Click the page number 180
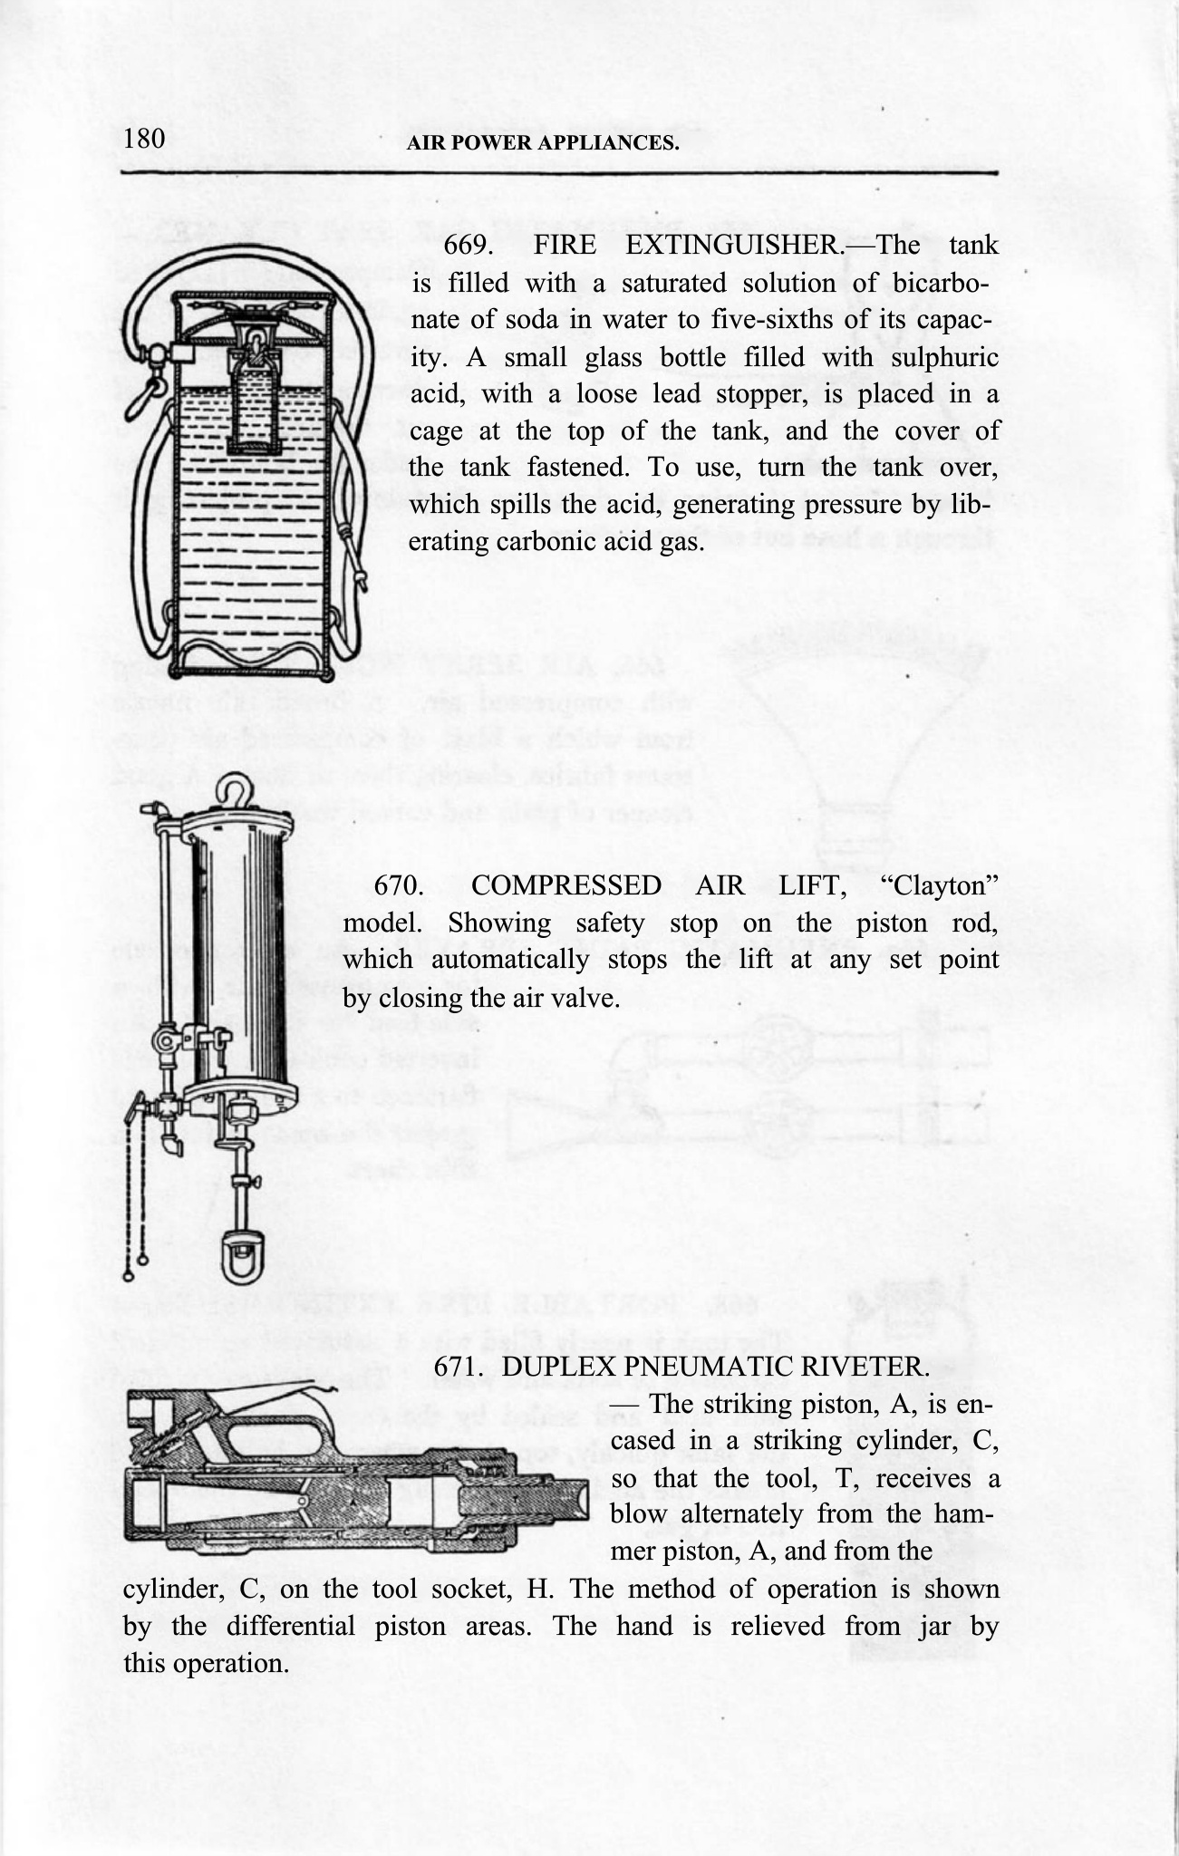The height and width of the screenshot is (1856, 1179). (x=143, y=139)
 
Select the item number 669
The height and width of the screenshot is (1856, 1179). (x=467, y=246)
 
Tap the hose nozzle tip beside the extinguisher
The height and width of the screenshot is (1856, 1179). (x=362, y=581)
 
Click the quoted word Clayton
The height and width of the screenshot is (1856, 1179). (x=940, y=885)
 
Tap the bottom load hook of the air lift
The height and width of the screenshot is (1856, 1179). (x=243, y=1258)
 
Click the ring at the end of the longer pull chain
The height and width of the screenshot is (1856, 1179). (x=129, y=1277)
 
